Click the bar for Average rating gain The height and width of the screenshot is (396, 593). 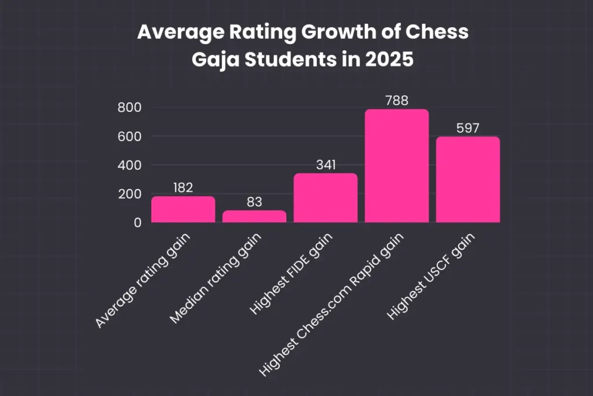point(183,209)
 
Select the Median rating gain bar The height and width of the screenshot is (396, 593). point(254,216)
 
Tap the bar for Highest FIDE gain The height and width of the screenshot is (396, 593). point(325,198)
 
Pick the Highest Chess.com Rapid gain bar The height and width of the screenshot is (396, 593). point(397,166)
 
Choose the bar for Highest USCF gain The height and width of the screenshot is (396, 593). point(468,179)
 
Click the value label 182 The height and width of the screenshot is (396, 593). point(183,187)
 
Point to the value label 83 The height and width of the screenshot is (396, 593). point(254,202)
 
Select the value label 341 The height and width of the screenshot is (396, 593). point(325,165)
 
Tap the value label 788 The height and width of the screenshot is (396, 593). point(397,100)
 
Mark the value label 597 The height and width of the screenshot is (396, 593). point(468,128)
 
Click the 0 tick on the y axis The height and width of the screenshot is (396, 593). point(138,223)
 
